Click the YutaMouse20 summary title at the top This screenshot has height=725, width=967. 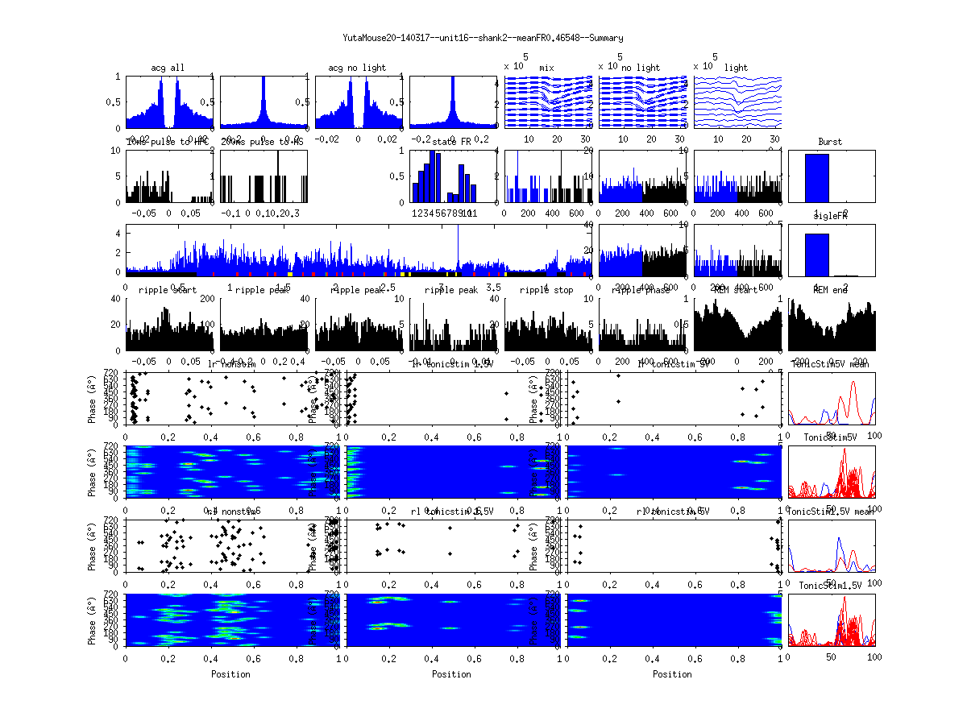coord(483,38)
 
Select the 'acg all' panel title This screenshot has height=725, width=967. coord(168,68)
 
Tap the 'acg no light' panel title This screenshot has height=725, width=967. coord(357,68)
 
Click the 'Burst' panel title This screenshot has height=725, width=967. coord(830,142)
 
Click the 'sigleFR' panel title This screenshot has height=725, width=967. coord(830,217)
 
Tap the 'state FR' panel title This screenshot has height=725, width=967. coord(452,142)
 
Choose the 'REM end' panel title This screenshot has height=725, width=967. coord(830,290)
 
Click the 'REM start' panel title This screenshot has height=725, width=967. coord(736,290)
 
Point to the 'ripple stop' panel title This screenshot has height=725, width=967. coord(546,290)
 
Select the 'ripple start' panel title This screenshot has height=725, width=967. coord(168,290)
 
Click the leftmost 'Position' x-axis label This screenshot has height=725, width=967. coord(230,674)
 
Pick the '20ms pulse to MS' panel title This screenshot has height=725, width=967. coord(263,142)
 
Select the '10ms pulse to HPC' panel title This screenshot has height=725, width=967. coord(168,142)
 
